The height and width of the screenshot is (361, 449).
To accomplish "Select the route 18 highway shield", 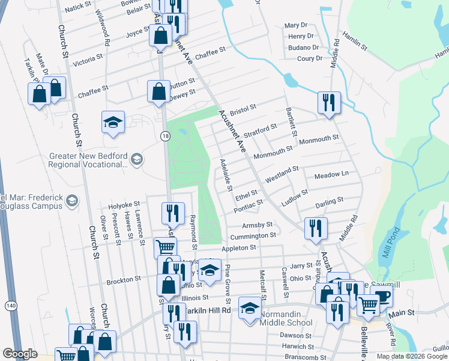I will click(165, 137).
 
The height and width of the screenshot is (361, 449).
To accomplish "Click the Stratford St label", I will click(260, 129).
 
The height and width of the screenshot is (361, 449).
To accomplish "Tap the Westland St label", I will click(282, 174).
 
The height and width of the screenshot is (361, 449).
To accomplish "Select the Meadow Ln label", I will click(331, 174).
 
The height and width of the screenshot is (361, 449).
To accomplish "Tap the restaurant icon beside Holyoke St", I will click(172, 212).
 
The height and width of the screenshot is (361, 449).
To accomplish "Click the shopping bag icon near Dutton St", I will click(158, 92).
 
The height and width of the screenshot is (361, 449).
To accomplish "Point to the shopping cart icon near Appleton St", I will click(165, 247).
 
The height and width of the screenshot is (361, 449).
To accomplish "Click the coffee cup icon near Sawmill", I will click(381, 297).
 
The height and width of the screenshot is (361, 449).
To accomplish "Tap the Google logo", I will click(20, 354).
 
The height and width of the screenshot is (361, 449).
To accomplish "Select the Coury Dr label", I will click(310, 58).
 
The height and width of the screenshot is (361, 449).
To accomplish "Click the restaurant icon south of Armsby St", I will click(315, 228).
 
